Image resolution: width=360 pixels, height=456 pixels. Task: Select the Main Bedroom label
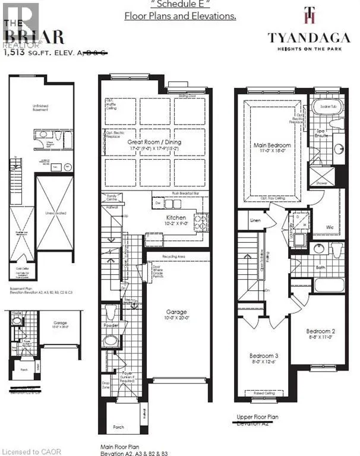click(x=273, y=145)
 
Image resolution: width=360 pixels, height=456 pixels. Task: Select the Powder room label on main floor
click(x=110, y=325)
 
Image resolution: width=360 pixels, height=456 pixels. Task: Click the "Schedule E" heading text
click(x=180, y=4)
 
